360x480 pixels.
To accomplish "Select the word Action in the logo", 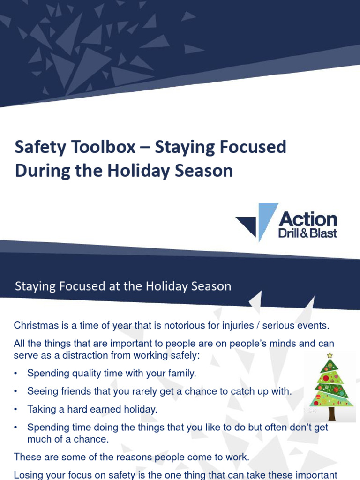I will (x=307, y=219).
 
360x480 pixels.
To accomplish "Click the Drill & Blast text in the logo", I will (x=307, y=232).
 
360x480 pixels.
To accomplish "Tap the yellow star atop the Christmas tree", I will (x=330, y=355).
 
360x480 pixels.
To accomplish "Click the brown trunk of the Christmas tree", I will (x=331, y=413).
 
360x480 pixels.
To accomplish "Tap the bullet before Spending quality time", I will (x=16, y=374).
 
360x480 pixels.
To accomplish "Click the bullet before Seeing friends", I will (x=16, y=391).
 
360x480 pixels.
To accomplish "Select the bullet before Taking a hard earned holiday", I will (x=16, y=409).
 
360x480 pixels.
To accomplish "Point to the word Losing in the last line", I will (x=29, y=475).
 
